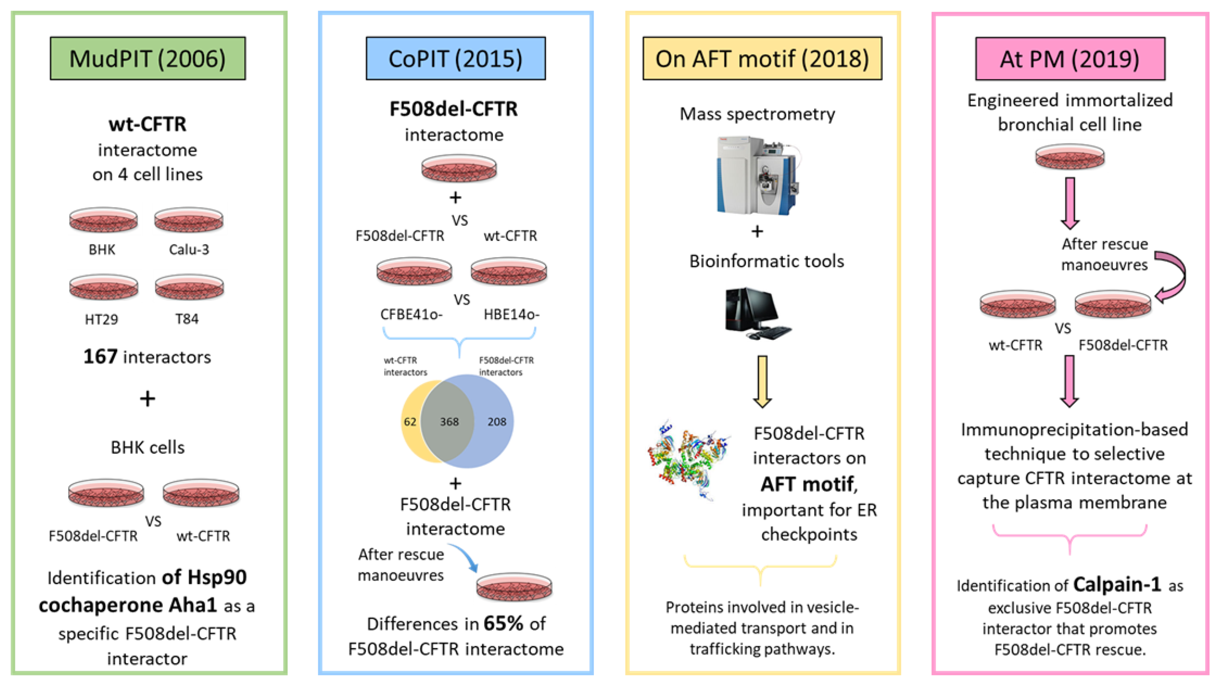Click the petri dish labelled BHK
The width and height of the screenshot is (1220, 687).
click(x=103, y=220)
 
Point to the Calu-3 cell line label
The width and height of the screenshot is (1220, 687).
click(x=189, y=250)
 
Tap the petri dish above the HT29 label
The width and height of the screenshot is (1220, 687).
click(x=103, y=287)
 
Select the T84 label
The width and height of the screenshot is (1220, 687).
click(x=187, y=319)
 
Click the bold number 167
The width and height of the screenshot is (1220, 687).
click(x=100, y=357)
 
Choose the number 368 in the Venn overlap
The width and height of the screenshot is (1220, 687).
click(x=449, y=422)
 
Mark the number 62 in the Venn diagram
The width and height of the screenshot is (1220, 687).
click(x=410, y=422)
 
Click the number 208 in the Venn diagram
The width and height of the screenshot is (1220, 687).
click(x=496, y=422)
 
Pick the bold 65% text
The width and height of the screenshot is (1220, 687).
click(x=503, y=624)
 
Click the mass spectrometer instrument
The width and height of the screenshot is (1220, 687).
click(x=757, y=175)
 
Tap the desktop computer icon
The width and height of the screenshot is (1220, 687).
click(x=757, y=313)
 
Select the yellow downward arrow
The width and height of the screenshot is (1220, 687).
click(x=762, y=382)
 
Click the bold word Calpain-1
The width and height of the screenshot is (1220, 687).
click(x=1117, y=585)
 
